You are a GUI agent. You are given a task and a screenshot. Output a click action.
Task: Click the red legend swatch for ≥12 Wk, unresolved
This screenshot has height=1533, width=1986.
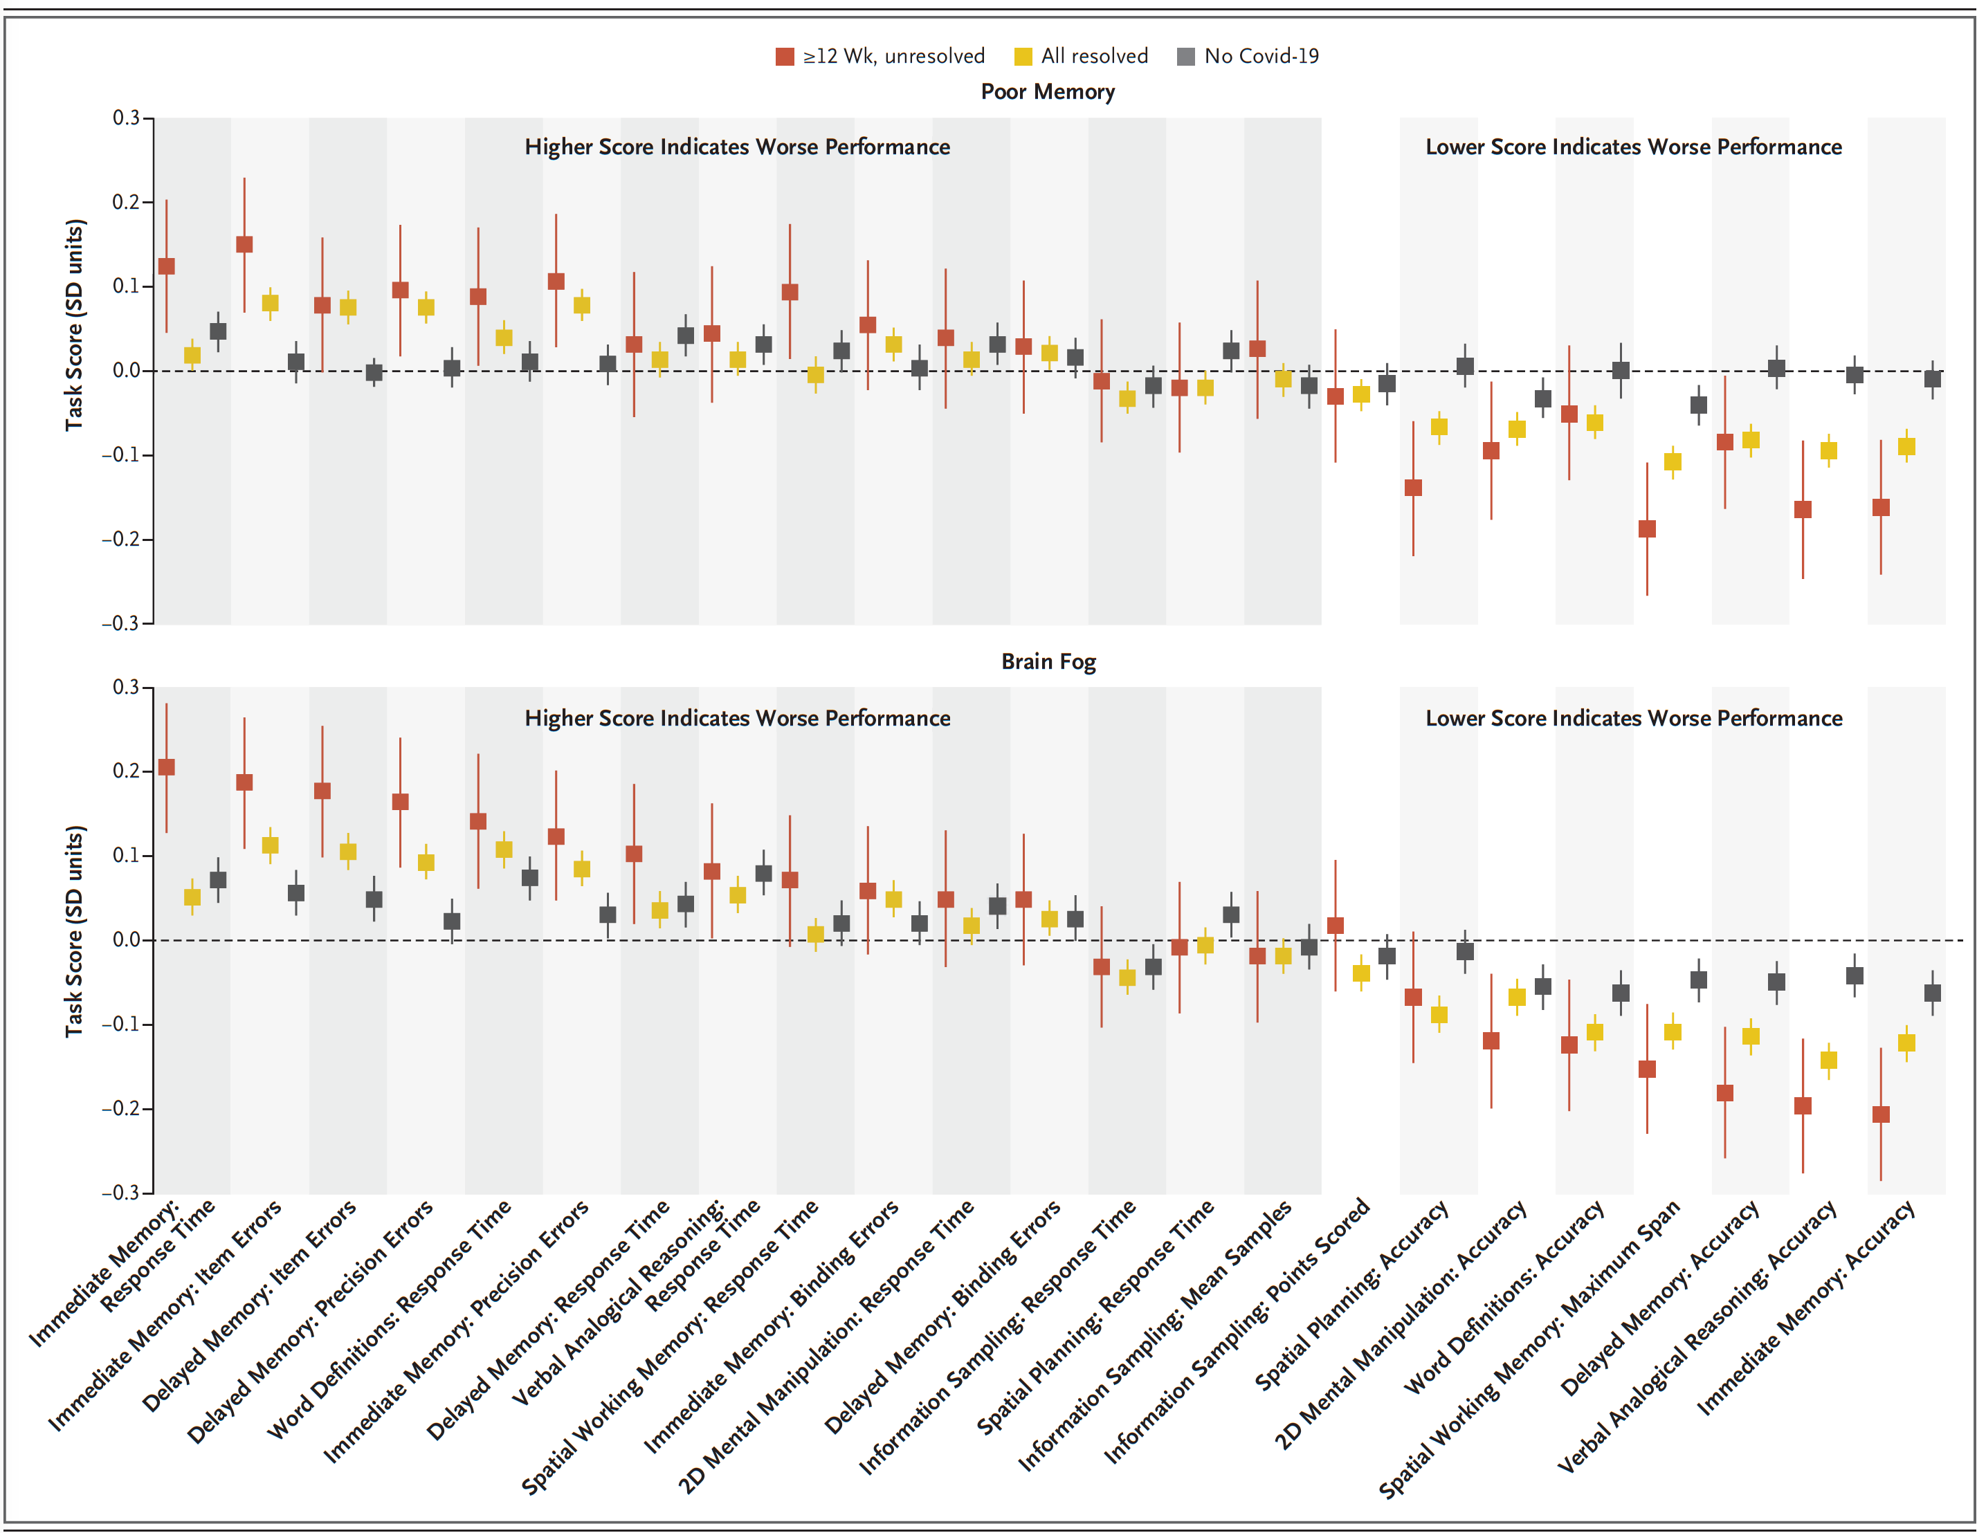(784, 56)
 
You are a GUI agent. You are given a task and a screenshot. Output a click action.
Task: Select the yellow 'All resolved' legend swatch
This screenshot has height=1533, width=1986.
(1023, 56)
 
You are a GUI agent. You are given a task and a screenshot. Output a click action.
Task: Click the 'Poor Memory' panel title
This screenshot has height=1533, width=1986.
(1048, 92)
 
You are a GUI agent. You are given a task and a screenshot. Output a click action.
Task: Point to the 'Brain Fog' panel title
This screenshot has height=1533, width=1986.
(1048, 661)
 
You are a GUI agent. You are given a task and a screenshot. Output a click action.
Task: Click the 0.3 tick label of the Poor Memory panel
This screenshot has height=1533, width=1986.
(127, 118)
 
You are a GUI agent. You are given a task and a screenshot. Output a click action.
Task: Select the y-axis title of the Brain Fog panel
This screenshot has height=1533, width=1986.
(75, 931)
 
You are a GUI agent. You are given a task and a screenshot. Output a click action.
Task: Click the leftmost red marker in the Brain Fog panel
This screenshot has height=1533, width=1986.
(166, 767)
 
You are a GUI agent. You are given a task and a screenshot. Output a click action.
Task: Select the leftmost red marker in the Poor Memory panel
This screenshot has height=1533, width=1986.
(166, 266)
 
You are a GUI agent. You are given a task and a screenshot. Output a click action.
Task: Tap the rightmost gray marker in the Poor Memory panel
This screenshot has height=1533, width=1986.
(1932, 379)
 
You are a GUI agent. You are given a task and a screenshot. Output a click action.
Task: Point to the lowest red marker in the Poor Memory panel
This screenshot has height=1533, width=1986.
(1647, 529)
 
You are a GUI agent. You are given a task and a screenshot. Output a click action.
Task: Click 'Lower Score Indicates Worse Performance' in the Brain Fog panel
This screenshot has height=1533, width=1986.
(1633, 718)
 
